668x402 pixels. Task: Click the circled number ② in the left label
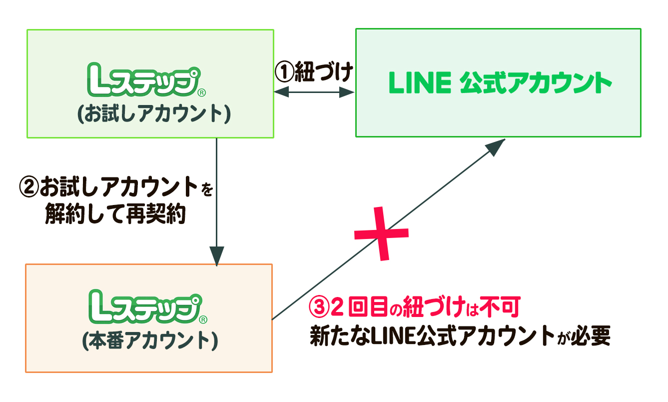pos(28,188)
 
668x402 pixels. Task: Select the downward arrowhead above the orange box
pos(216,256)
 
